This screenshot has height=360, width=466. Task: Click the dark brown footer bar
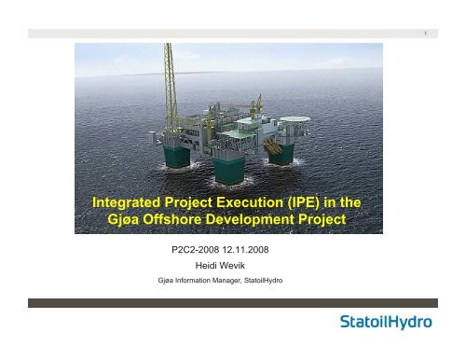click(x=233, y=303)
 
